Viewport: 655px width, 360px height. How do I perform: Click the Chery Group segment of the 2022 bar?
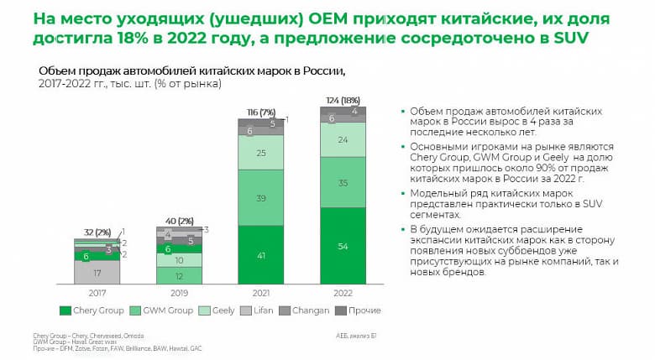(x=343, y=246)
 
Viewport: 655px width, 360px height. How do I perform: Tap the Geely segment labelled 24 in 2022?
(x=343, y=141)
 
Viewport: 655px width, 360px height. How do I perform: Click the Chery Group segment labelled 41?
(x=260, y=255)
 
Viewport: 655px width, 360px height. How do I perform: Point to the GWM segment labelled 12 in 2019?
(x=179, y=275)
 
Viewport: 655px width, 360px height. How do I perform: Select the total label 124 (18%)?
(x=343, y=100)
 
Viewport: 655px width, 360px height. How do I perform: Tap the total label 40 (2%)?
(x=179, y=222)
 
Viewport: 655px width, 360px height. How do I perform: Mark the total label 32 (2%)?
(x=97, y=231)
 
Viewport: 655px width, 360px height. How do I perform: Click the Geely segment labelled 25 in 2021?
(x=260, y=152)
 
